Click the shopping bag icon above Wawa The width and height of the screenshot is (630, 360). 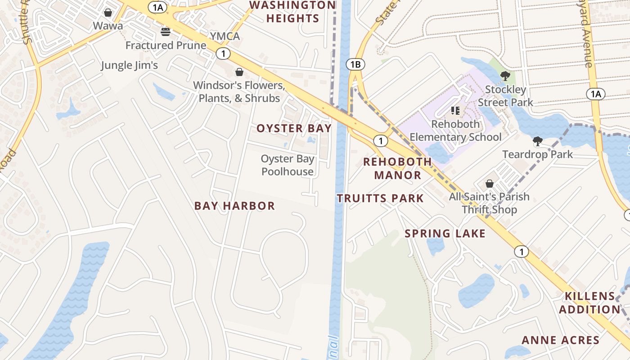coord(108,12)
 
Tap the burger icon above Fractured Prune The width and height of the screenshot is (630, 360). coord(166,31)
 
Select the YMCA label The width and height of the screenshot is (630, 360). coord(225,36)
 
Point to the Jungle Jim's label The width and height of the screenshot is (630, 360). coord(129,65)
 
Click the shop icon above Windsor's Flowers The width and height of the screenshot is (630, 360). coord(239,72)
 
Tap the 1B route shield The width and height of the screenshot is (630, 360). coord(355,64)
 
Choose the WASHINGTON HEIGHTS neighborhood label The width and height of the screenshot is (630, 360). coord(292,12)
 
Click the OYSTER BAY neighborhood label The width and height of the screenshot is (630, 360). coord(294,128)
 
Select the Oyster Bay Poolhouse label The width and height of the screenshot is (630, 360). coord(288,165)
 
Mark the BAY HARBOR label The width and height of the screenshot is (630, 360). coord(234,206)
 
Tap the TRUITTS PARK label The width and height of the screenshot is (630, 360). coord(380,198)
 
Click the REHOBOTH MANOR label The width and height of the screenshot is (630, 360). coord(397,168)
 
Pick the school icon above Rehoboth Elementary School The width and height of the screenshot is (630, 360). coord(455,110)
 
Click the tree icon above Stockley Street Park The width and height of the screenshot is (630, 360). coord(505,76)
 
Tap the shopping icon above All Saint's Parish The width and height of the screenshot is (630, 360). coord(490,184)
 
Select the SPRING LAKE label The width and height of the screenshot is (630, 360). coord(445,233)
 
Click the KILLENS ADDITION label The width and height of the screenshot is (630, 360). coord(589,302)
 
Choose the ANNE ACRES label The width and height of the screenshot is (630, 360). coord(561,340)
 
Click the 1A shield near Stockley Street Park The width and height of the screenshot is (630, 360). coord(595,94)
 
